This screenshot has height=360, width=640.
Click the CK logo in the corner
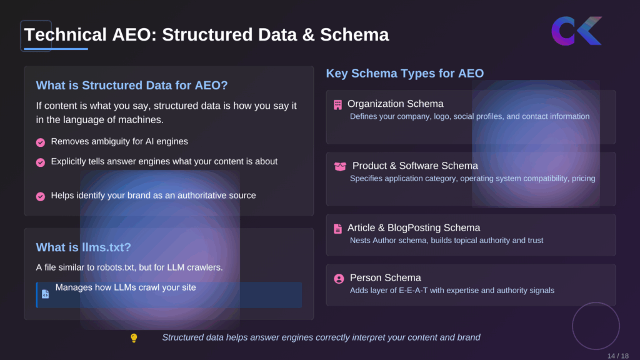click(x=576, y=31)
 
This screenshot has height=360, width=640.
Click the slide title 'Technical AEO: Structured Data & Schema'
click(x=206, y=34)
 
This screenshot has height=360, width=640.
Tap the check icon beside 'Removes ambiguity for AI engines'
click(x=41, y=142)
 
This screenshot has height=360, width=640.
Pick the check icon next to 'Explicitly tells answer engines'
click(x=41, y=162)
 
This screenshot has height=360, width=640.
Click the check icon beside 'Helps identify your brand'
click(x=41, y=196)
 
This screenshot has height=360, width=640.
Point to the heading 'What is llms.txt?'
click(x=83, y=247)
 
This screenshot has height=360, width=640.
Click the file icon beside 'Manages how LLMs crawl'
click(x=45, y=294)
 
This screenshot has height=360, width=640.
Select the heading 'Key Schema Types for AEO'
click(x=404, y=73)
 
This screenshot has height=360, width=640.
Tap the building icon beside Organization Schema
click(x=338, y=104)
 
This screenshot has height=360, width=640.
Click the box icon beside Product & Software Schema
click(x=340, y=166)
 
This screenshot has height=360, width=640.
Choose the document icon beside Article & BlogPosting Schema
click(x=338, y=229)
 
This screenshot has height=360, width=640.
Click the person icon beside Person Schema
click(x=339, y=279)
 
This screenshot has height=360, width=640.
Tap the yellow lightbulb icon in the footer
click(x=133, y=338)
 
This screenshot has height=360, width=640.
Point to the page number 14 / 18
click(x=617, y=356)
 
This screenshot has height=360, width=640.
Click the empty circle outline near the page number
click(x=596, y=326)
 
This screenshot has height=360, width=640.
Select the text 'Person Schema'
click(x=385, y=278)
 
